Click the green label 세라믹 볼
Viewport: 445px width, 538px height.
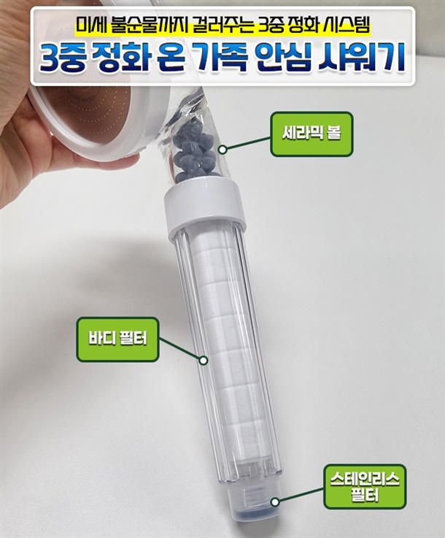pyautogui.click(x=311, y=134)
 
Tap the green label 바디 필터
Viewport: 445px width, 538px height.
pyautogui.click(x=117, y=339)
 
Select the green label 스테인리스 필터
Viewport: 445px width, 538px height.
pyautogui.click(x=365, y=486)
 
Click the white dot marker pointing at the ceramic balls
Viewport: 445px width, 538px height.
pyautogui.click(x=222, y=150)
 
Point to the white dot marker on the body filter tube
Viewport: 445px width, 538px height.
pyautogui.click(x=204, y=361)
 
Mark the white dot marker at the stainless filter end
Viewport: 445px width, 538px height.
pyautogui.click(x=275, y=502)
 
